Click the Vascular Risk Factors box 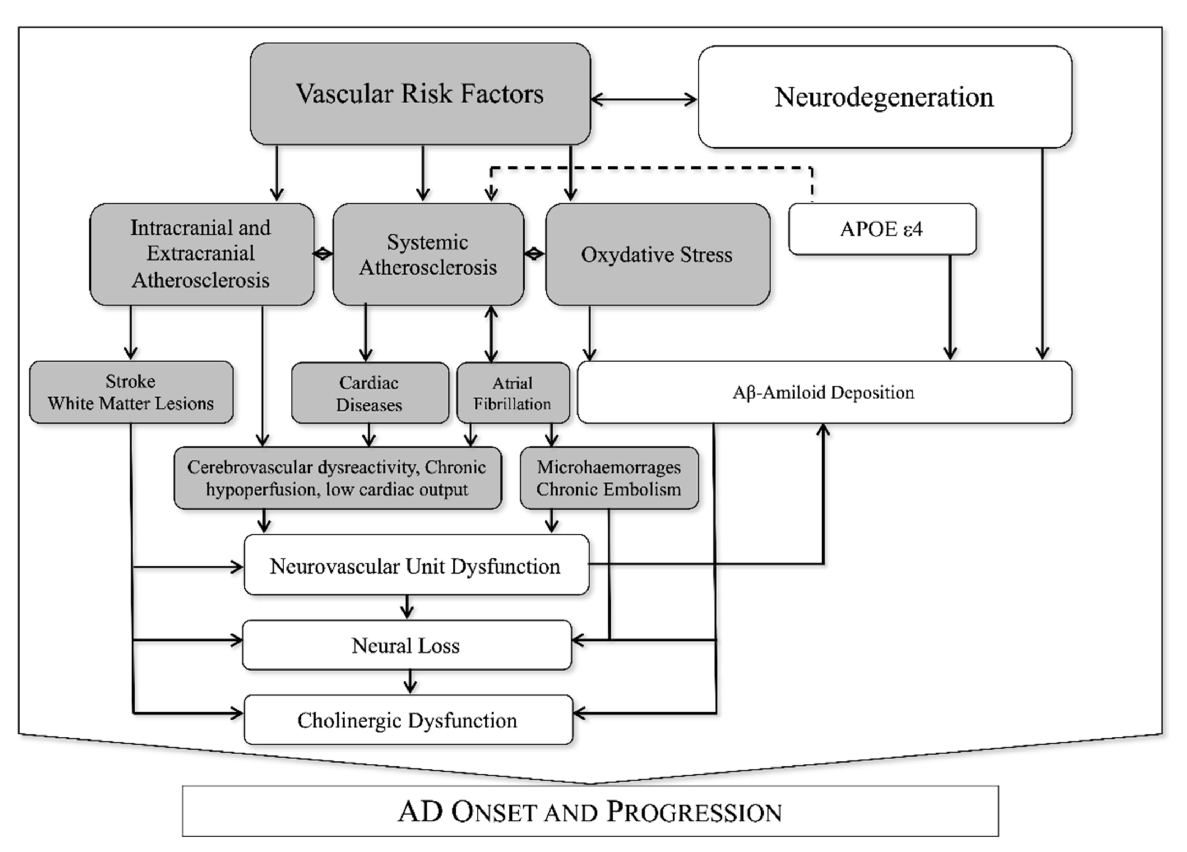420,94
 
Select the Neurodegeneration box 885,97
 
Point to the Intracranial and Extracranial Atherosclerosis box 202,254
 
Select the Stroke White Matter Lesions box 131,392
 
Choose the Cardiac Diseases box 370,393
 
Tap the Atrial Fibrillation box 513,393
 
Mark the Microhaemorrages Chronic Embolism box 609,478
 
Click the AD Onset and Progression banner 590,812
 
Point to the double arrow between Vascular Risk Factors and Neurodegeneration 644,99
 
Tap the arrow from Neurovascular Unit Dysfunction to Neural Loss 407,607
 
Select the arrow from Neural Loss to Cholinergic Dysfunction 410,682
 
